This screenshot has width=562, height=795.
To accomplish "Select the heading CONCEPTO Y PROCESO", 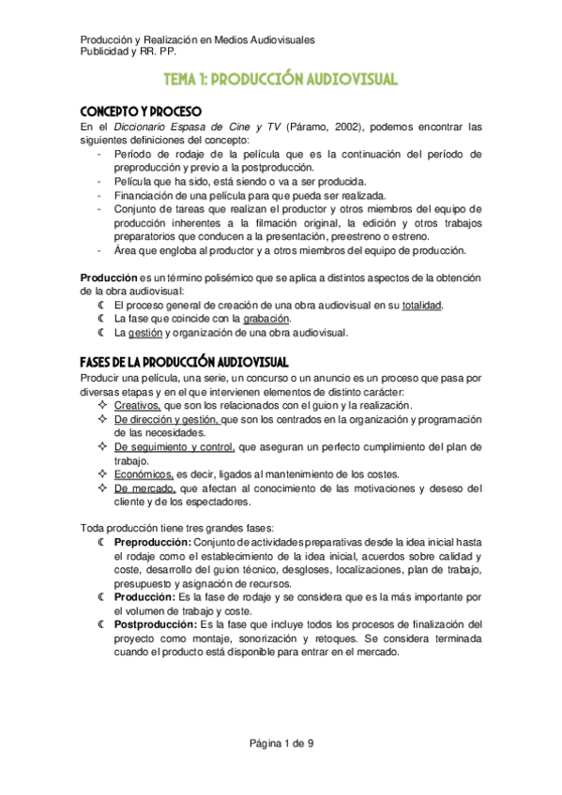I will [138, 110].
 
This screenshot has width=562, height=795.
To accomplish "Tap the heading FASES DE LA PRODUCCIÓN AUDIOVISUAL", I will [184, 362].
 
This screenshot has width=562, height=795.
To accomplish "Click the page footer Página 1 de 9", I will [281, 744].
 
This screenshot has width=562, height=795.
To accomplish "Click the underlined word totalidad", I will [421, 306].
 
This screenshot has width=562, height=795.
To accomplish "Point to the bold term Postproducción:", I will [155, 624].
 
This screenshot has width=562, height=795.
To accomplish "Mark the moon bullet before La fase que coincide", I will [101, 319].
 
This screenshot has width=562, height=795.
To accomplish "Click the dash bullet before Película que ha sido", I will [100, 182].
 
